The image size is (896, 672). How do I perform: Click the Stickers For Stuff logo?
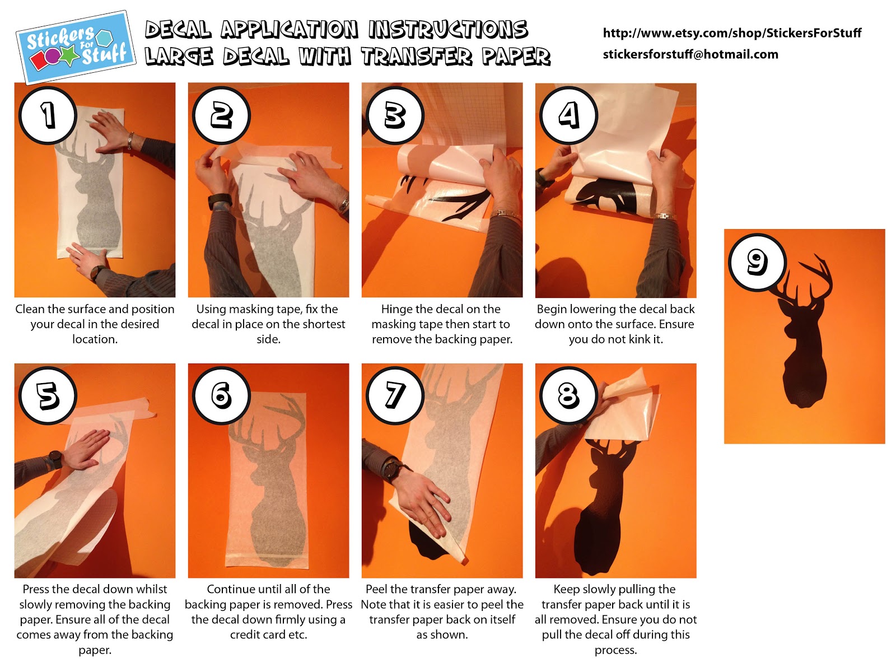pos(76,48)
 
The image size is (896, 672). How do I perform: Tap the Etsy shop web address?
pos(732,33)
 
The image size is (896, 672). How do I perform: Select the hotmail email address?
pos(690,54)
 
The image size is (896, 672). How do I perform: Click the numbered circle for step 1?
pos(48,115)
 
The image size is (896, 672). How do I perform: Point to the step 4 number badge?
pos(568,115)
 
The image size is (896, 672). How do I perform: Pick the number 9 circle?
pos(757,262)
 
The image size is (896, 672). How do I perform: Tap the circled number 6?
pos(221,395)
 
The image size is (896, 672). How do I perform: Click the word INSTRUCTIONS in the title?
pos(448,30)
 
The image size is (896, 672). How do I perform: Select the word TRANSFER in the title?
pos(417,57)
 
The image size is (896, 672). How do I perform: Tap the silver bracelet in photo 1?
pos(130,141)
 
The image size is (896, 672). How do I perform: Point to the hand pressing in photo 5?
pos(86,449)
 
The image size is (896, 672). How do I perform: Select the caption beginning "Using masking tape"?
pos(268,324)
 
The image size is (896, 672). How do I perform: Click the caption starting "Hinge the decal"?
pos(442,324)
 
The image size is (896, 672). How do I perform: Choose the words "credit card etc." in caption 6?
pos(268,635)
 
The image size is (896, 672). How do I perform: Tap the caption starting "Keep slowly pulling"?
pos(615,619)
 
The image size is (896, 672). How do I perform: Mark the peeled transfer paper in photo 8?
pos(624,410)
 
